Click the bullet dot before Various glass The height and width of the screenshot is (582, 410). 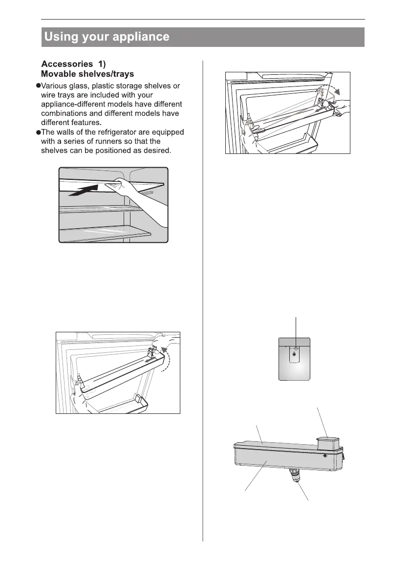point(37,86)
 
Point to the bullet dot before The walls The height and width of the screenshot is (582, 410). point(37,132)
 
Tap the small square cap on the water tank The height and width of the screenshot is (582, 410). point(326,443)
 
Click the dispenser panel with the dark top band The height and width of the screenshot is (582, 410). point(294,358)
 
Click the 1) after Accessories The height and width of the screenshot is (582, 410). point(107,64)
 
